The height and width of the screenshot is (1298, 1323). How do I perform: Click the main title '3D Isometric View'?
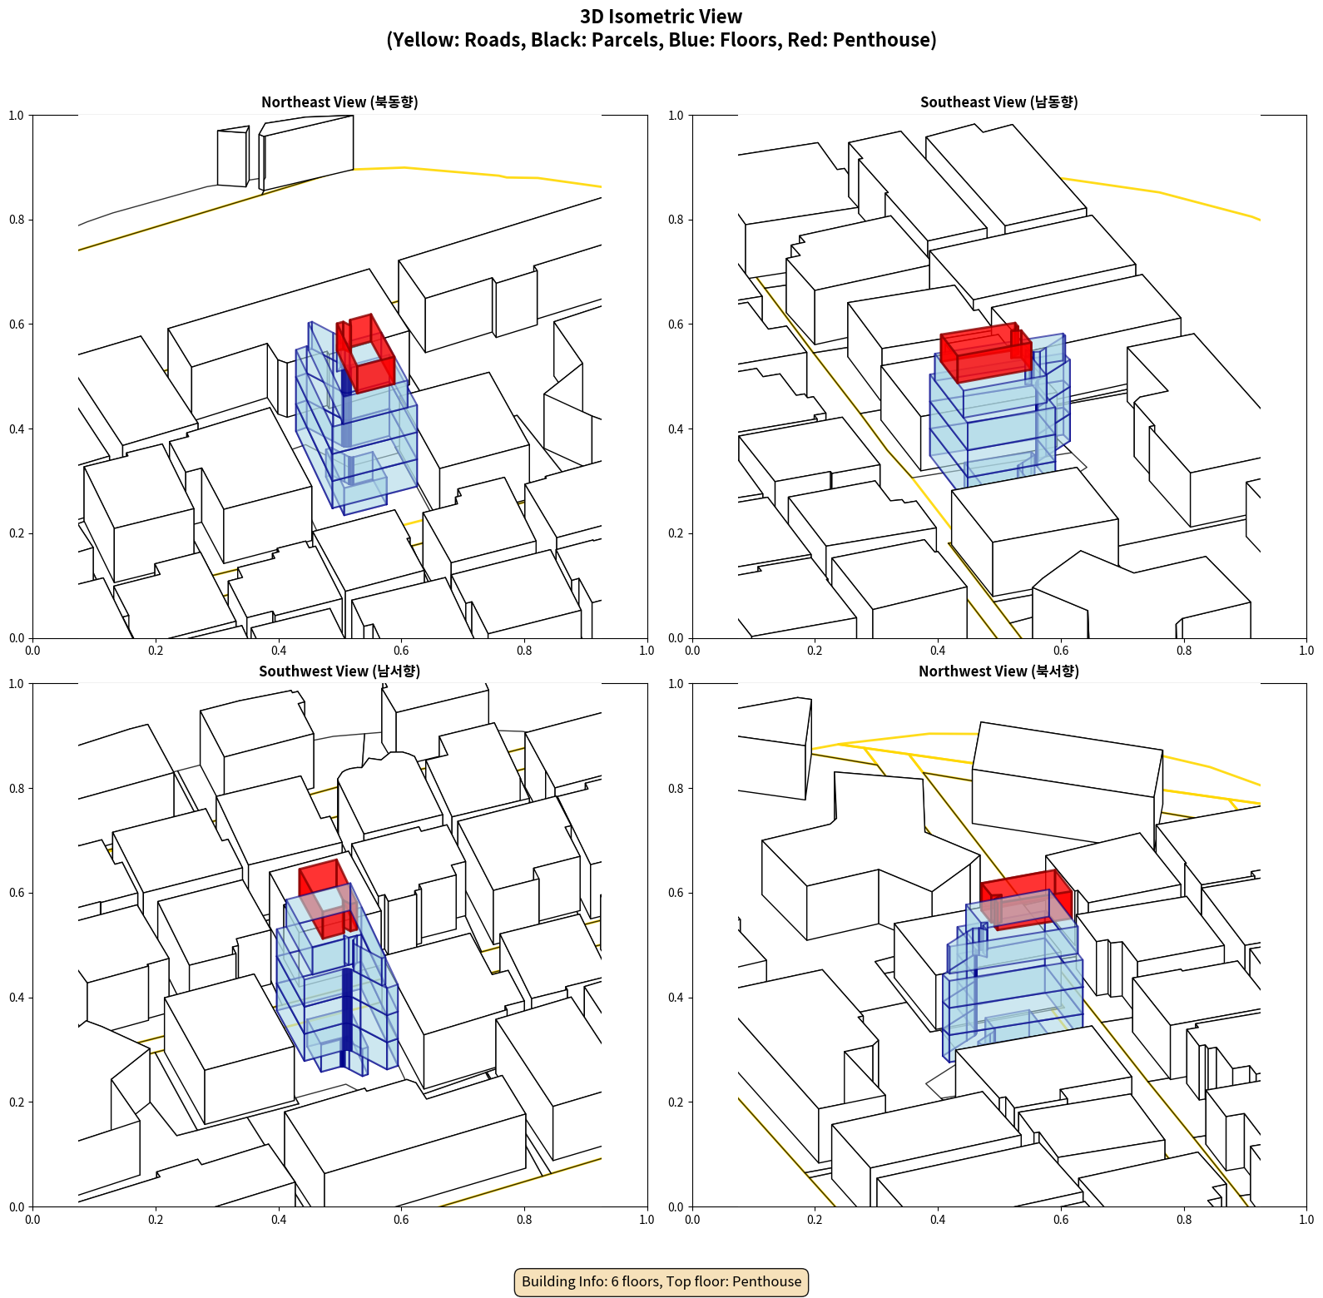[x=661, y=17]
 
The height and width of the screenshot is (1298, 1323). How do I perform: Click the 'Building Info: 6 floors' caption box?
[x=661, y=1281]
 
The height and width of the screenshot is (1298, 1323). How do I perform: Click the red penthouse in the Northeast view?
[x=365, y=353]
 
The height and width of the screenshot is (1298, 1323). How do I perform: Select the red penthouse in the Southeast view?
[x=986, y=353]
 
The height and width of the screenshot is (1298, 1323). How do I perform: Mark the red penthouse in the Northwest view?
[x=1026, y=899]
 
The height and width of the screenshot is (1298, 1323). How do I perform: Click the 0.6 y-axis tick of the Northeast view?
[x=17, y=324]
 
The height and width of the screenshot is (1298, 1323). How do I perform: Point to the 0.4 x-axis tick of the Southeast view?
[x=938, y=651]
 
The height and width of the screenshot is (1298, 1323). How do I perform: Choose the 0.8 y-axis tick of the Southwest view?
[x=17, y=789]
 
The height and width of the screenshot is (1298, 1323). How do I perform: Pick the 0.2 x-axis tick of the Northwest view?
[x=815, y=1220]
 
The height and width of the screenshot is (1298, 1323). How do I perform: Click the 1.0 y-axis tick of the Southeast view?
[x=676, y=116]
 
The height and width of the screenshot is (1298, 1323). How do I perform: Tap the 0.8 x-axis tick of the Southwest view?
[x=524, y=1220]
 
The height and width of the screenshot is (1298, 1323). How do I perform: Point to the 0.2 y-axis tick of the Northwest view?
[x=676, y=1102]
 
